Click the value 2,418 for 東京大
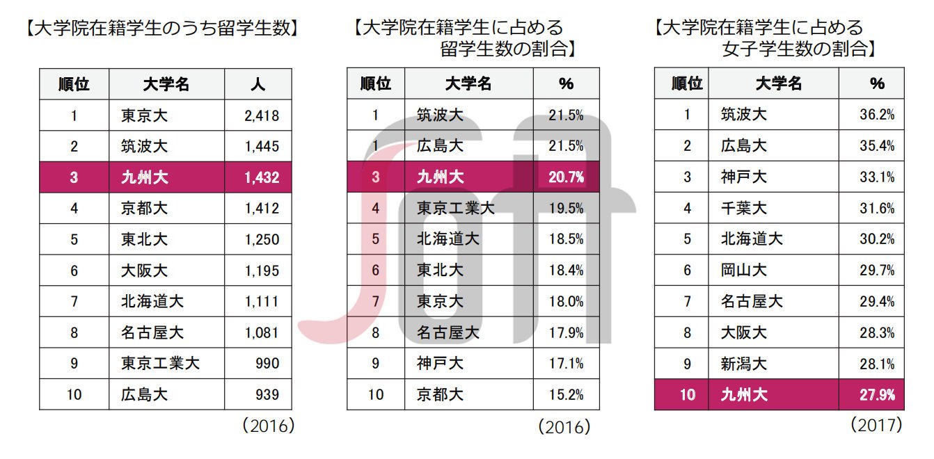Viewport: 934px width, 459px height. tap(262, 116)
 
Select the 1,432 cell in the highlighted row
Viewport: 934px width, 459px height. tap(262, 178)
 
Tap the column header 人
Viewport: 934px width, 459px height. tap(258, 85)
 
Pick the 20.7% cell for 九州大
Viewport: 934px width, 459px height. tap(567, 177)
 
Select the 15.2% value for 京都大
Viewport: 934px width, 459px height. tap(567, 395)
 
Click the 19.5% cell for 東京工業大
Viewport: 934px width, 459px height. tap(567, 208)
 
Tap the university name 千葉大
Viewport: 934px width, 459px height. tap(743, 208)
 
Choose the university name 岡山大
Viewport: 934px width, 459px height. tap(743, 271)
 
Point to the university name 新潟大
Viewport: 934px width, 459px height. tap(743, 364)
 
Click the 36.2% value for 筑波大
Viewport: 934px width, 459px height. tap(877, 115)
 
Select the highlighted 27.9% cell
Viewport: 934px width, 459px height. tap(877, 395)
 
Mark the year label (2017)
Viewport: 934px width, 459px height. tap(876, 424)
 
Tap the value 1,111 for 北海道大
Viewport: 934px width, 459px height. tap(262, 302)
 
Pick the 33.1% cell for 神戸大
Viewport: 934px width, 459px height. tap(877, 177)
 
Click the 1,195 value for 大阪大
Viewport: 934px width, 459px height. tap(262, 271)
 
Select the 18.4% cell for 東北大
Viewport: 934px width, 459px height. tap(567, 271)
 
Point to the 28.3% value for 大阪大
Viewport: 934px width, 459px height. tap(877, 332)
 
